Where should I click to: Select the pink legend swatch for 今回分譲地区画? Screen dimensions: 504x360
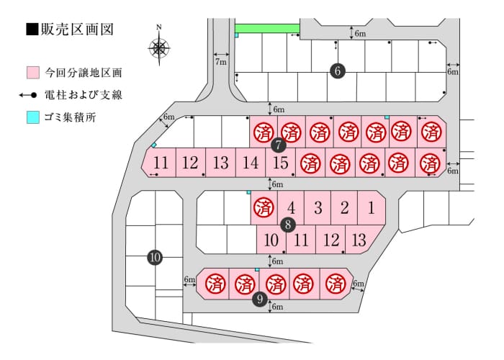pyautogui.click(x=33, y=73)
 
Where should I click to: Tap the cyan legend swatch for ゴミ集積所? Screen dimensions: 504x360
pyautogui.click(x=33, y=117)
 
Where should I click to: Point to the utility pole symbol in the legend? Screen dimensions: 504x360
pyautogui.click(x=27, y=95)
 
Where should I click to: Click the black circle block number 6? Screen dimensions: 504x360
pyautogui.click(x=338, y=71)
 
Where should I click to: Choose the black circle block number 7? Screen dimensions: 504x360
pyautogui.click(x=279, y=145)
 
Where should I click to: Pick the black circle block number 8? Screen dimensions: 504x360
pyautogui.click(x=288, y=225)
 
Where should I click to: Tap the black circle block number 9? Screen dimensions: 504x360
pyautogui.click(x=260, y=300)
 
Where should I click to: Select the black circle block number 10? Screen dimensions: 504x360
pyautogui.click(x=155, y=257)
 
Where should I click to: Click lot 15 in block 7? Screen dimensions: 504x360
pyautogui.click(x=280, y=162)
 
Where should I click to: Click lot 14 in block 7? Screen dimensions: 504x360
pyautogui.click(x=251, y=162)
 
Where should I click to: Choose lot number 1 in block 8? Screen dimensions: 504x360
pyautogui.click(x=372, y=207)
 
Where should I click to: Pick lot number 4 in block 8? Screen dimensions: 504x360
pyautogui.click(x=291, y=207)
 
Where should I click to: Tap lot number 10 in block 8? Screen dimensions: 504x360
pyautogui.click(x=271, y=240)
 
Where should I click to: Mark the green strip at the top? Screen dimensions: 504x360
pyautogui.click(x=267, y=28)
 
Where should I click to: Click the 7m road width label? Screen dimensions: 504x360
pyautogui.click(x=221, y=62)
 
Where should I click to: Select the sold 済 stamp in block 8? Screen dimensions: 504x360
pyautogui.click(x=264, y=207)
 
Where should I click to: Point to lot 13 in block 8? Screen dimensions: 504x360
pyautogui.click(x=359, y=240)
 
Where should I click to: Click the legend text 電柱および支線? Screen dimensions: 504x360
pyautogui.click(x=84, y=95)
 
